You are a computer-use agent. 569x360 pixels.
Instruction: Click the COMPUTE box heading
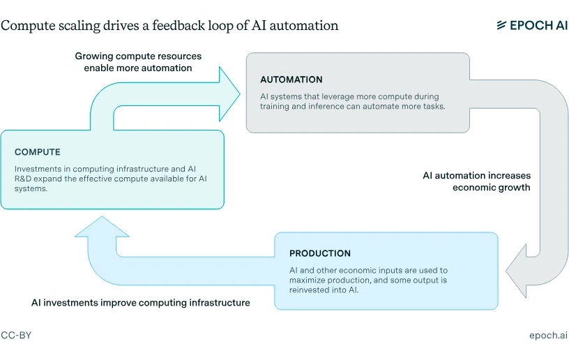click(x=38, y=152)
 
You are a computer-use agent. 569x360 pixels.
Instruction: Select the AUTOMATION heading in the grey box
click(x=291, y=80)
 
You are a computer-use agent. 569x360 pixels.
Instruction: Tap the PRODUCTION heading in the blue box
click(x=320, y=253)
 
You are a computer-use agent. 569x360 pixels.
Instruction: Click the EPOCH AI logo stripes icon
click(x=501, y=25)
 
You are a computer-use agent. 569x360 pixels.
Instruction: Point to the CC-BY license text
click(x=16, y=335)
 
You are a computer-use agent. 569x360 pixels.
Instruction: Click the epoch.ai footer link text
click(x=548, y=336)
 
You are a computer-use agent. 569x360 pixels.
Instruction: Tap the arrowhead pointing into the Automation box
click(x=229, y=94)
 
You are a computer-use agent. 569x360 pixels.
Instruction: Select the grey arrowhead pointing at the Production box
click(x=516, y=271)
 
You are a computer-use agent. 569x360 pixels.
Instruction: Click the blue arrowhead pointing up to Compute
click(x=102, y=227)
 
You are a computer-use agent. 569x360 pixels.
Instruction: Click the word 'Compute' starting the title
click(x=28, y=26)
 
